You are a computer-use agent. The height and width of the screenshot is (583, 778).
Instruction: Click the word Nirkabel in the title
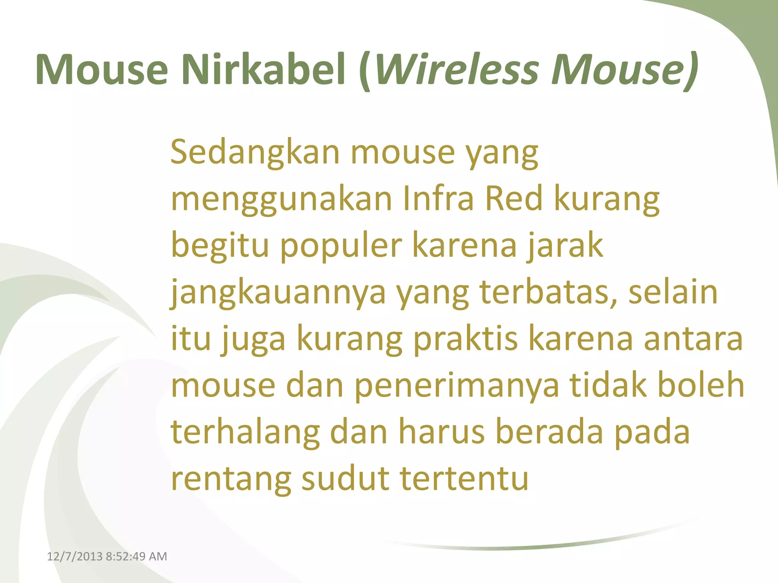264,69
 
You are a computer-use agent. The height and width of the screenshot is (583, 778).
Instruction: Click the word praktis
465,339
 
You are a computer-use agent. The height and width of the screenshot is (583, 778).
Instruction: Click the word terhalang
245,433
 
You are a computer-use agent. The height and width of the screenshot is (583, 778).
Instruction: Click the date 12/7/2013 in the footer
74,556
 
